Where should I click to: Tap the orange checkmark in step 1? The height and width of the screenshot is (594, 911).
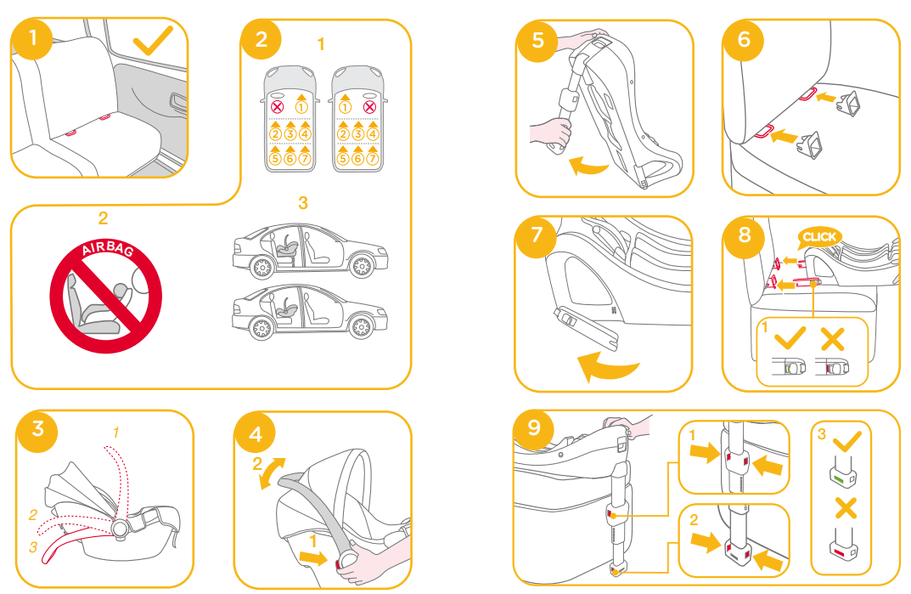click(x=153, y=40)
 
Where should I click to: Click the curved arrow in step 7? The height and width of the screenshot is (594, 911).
click(x=609, y=368)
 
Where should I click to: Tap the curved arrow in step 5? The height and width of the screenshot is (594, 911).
click(x=588, y=165)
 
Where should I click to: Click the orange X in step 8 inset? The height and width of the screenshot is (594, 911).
click(x=833, y=339)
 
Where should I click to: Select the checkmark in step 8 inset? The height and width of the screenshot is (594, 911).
click(x=790, y=338)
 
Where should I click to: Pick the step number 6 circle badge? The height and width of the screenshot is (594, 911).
click(x=744, y=40)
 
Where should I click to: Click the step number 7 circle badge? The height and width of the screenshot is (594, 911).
click(x=537, y=236)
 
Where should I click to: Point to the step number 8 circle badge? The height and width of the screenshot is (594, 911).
click(x=745, y=235)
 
